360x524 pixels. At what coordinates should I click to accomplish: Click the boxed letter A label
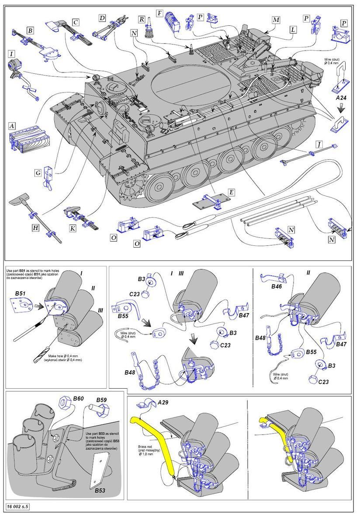13,126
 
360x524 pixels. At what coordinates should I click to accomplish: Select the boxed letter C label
76,22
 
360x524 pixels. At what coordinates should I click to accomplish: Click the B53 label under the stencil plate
101,491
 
